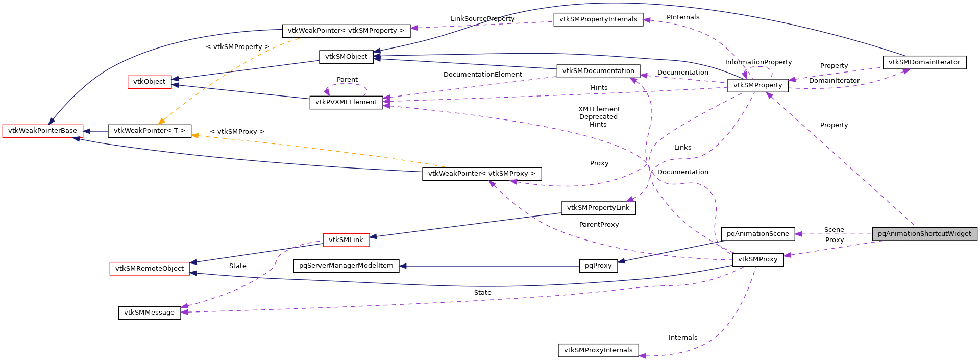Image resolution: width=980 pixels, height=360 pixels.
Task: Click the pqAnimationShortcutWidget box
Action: [x=924, y=234]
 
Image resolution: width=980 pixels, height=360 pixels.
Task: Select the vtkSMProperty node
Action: [x=757, y=85]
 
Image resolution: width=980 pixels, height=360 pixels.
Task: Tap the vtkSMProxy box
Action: [x=757, y=259]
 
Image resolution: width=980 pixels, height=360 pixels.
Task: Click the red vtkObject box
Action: [x=149, y=82]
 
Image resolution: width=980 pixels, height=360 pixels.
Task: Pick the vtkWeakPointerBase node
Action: [x=42, y=131]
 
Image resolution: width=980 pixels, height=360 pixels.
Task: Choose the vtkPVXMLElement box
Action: [x=346, y=102]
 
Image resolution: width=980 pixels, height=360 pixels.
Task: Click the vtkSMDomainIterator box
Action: [x=924, y=62]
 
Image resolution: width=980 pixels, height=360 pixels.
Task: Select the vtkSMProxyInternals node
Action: [x=598, y=350]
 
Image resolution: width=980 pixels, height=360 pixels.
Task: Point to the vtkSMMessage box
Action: [x=149, y=313]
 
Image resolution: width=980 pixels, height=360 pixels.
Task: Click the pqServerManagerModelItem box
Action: [x=346, y=266]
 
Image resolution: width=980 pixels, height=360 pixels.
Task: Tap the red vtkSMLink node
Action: [x=346, y=240]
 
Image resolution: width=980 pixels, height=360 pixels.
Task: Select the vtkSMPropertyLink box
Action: [x=598, y=208]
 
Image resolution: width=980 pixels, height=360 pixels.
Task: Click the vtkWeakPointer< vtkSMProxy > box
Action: [x=481, y=174]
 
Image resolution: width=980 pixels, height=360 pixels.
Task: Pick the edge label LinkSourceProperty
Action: [x=482, y=19]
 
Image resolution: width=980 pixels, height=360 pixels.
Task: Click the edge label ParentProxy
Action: [x=599, y=225]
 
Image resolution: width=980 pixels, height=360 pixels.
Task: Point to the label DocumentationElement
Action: [x=482, y=75]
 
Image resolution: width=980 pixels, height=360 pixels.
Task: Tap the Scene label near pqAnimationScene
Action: [x=834, y=230]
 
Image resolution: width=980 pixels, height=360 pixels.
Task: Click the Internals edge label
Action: [x=682, y=338]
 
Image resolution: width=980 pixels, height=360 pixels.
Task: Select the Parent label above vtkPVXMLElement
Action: [x=347, y=80]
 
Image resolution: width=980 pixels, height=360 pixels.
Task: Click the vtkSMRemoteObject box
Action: [x=149, y=269]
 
